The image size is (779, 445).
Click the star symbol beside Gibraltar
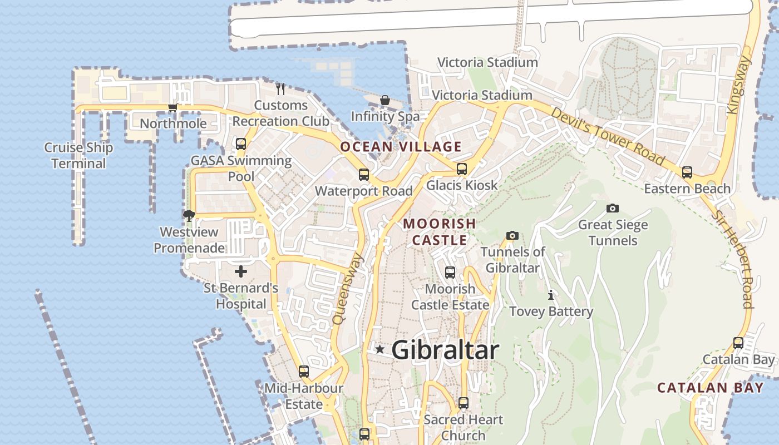pos(379,349)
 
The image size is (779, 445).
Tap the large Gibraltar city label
pos(445,350)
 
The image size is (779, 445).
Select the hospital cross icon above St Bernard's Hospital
pos(240,271)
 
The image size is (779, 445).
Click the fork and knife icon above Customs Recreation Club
pos(280,88)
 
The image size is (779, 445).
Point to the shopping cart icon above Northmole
pos(173,107)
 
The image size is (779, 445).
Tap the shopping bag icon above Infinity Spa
pos(384,100)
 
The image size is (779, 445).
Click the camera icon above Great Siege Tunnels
pos(612,208)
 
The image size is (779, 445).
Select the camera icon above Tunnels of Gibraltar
pos(512,235)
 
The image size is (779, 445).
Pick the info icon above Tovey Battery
pos(551,294)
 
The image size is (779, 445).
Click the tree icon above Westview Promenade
pos(189,215)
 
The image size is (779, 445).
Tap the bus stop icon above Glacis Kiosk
pos(461,169)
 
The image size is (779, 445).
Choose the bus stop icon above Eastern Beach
pos(687,172)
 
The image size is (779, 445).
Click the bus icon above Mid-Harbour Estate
pos(303,371)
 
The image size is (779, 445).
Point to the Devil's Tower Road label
pos(608,136)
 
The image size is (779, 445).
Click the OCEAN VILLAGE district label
pos(401,147)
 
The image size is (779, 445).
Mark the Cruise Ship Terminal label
pos(78,156)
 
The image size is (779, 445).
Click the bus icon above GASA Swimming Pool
pos(240,144)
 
